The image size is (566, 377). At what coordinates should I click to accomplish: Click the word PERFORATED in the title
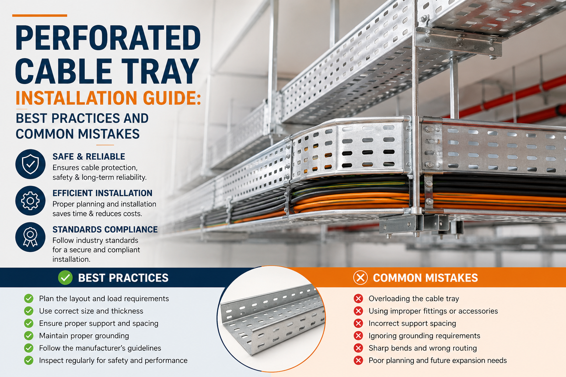coord(108,38)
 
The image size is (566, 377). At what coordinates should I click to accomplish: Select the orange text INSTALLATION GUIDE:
coord(108,98)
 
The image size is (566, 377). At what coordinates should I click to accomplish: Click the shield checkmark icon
coord(30,164)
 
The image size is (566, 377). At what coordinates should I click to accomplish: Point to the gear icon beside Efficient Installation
coord(30,201)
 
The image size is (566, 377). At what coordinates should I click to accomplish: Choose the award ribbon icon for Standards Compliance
coord(30,237)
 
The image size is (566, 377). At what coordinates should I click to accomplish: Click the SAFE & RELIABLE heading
coord(89,156)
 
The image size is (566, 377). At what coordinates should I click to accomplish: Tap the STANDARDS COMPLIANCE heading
coord(105,229)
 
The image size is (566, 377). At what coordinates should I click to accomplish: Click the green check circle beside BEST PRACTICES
coord(65,278)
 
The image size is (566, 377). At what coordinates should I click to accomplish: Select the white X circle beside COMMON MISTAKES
coord(361,278)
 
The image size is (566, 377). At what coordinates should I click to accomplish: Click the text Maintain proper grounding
coord(84,336)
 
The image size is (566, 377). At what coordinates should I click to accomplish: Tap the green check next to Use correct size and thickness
coord(29,311)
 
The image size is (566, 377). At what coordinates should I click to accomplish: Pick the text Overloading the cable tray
coord(414,299)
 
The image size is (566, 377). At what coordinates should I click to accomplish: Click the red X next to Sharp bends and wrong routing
coord(358,348)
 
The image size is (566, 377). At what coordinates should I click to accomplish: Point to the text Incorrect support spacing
coord(412,324)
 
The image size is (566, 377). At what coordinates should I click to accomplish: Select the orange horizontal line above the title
coord(40,15)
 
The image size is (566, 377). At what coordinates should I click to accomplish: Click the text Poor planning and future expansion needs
coord(438,360)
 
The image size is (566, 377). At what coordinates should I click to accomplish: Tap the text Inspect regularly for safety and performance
coord(113,360)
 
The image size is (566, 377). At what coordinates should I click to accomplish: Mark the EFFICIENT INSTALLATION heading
coord(102,193)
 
